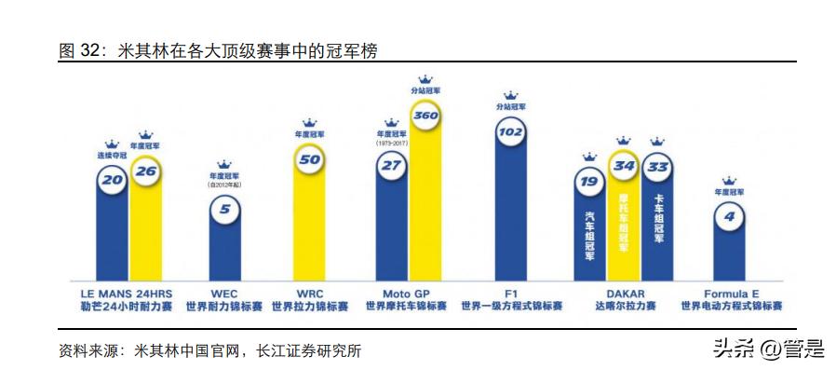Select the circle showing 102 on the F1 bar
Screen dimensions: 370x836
[510, 131]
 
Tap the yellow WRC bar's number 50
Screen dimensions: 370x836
[309, 159]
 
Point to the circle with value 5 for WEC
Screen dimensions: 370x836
[224, 210]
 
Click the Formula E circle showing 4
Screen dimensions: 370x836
[729, 217]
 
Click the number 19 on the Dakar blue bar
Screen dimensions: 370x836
[589, 182]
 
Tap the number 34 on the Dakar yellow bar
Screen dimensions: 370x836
[624, 168]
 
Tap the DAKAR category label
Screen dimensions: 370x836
[624, 292]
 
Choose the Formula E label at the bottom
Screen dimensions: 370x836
[730, 292]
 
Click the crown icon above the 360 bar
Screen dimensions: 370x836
[425, 79]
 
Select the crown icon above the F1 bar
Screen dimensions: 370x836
[510, 94]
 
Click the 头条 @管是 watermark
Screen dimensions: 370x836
[769, 349]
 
